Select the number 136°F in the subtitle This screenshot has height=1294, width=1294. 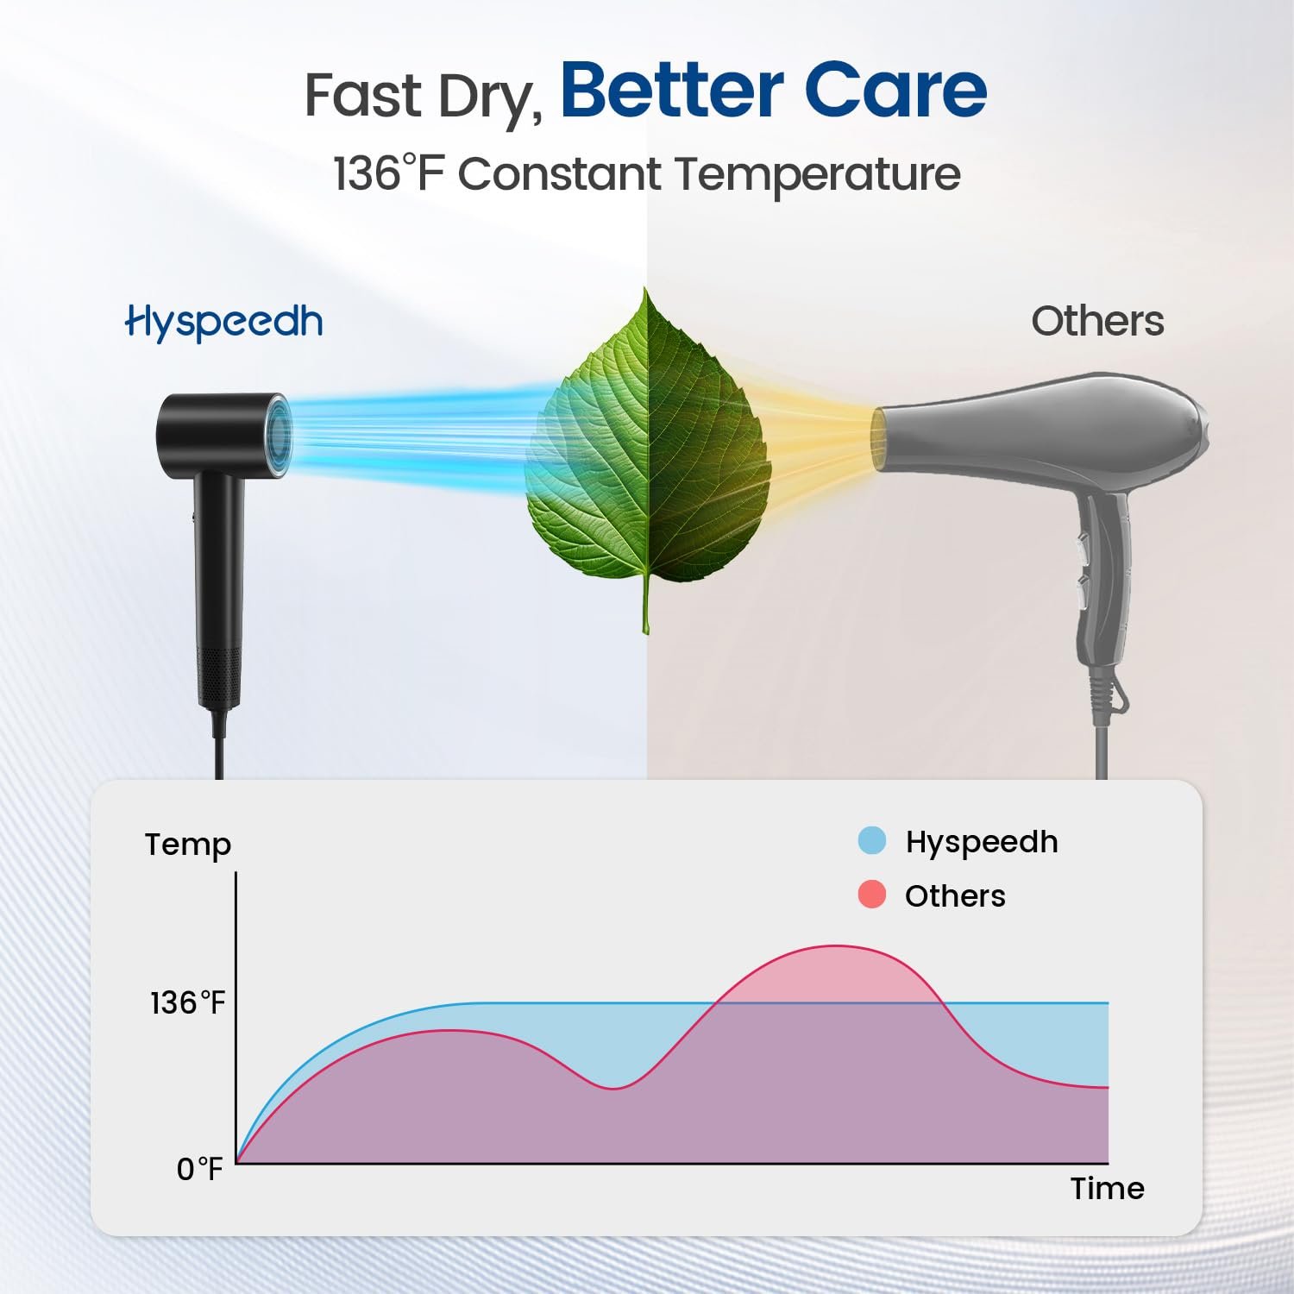click(x=389, y=173)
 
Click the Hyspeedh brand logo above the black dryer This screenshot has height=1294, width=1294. click(x=224, y=322)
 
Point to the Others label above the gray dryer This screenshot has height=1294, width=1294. click(x=1097, y=321)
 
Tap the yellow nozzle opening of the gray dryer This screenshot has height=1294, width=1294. click(x=879, y=440)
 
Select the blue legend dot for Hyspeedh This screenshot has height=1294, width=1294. click(x=872, y=840)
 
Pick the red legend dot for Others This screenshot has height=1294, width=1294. click(x=872, y=895)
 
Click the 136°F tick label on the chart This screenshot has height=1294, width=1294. click(x=187, y=1002)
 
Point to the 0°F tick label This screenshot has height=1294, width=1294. click(x=199, y=1169)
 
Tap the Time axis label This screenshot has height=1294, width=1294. click(x=1108, y=1189)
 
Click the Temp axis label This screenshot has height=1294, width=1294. click(x=188, y=845)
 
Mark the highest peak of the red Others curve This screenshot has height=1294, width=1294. click(x=835, y=946)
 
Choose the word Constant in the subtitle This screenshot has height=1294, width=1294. click(x=560, y=173)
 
